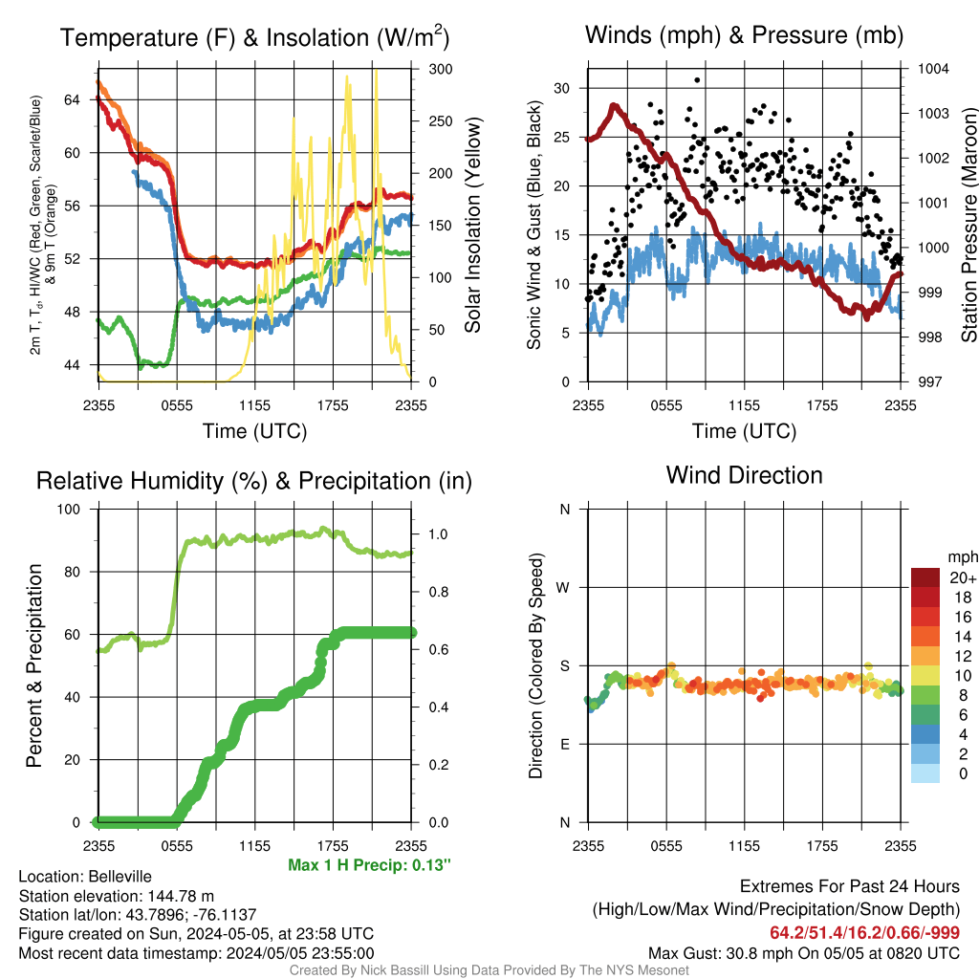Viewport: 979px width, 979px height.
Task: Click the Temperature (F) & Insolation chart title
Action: [254, 37]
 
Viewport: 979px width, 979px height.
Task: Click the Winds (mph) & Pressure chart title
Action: [744, 35]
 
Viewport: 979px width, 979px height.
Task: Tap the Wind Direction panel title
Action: [744, 475]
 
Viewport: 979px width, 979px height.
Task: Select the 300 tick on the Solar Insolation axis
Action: [440, 69]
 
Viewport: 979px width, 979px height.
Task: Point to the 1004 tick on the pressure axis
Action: [933, 69]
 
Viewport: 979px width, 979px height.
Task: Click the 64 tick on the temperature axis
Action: [73, 99]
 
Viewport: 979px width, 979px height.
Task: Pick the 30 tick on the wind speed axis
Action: [562, 88]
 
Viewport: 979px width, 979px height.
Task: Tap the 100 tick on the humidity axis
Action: [69, 509]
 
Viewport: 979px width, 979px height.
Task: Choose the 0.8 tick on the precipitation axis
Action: [438, 592]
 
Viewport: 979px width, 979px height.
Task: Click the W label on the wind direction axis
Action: [563, 588]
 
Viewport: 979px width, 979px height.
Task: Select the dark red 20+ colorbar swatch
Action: [925, 577]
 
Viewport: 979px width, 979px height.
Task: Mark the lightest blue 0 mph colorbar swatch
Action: [925, 773]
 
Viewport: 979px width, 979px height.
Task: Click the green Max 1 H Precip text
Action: [369, 864]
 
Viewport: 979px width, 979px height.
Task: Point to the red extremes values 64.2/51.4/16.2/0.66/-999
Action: [864, 932]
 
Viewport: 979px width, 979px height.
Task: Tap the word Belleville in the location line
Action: [120, 876]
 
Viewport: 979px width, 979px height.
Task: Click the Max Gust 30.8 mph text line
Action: [803, 953]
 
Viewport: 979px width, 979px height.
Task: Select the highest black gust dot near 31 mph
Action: [697, 80]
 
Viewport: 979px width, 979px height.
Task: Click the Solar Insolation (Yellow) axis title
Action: [473, 225]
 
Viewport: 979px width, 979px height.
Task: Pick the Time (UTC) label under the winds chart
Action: [744, 431]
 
